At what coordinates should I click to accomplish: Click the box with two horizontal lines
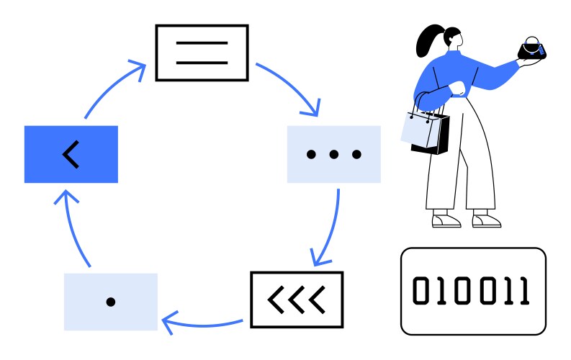coord(202,53)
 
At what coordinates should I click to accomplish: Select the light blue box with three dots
coord(333,154)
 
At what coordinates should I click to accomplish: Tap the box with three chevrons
coord(296,299)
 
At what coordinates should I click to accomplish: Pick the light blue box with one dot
coord(110,302)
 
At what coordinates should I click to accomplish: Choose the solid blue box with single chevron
coord(71,154)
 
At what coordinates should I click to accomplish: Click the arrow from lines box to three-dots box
coord(292,86)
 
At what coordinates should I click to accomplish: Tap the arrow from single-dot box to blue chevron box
coord(71,228)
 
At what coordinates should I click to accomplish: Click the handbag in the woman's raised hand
coord(534,50)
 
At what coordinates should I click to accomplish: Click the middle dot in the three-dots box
coord(333,154)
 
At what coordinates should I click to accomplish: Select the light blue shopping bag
coord(418,130)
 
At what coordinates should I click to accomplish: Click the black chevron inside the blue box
coord(71,154)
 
